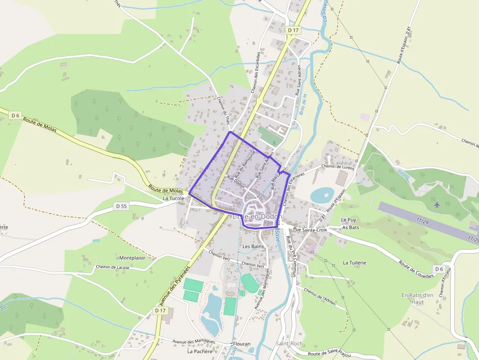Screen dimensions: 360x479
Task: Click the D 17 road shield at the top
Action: click(293, 30)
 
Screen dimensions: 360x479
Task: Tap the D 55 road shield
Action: click(121, 206)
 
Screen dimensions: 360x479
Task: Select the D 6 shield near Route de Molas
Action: click(15, 116)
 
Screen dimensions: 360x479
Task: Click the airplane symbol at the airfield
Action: click(436, 204)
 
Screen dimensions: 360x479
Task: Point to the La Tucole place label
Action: click(174, 199)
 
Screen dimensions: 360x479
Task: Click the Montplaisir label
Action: click(132, 257)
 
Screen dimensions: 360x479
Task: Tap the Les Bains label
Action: click(253, 246)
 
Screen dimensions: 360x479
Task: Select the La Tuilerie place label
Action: click(354, 262)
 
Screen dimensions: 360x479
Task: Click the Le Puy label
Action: click(349, 220)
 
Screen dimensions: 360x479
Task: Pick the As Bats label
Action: click(350, 227)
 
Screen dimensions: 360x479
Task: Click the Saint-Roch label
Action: click(289, 343)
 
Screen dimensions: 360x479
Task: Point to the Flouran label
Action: click(241, 344)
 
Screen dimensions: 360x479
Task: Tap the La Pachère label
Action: click(200, 351)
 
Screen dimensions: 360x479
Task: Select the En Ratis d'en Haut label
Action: click(417, 298)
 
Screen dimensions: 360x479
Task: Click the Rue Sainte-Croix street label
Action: click(310, 229)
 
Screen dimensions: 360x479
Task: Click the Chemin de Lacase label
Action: click(113, 267)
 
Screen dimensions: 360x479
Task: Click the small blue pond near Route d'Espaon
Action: click(322, 195)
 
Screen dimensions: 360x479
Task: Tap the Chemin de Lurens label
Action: click(337, 167)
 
